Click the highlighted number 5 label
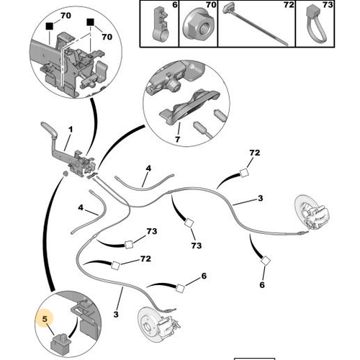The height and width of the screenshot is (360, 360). (45, 319)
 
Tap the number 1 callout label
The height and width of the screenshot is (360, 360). (71, 130)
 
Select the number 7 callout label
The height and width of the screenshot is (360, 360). (178, 139)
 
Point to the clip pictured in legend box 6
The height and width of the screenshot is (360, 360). (161, 24)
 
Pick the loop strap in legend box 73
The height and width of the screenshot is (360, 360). (316, 24)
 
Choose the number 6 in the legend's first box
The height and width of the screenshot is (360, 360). (175, 5)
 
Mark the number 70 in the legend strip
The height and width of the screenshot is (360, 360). (211, 5)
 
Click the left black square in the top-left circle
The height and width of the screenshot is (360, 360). (50, 26)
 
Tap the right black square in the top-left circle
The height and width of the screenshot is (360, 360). (91, 22)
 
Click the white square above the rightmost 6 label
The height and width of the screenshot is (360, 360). (266, 261)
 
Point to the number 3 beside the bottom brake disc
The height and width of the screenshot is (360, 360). (116, 314)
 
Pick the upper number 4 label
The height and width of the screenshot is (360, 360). (148, 168)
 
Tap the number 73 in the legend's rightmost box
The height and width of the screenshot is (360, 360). (328, 5)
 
